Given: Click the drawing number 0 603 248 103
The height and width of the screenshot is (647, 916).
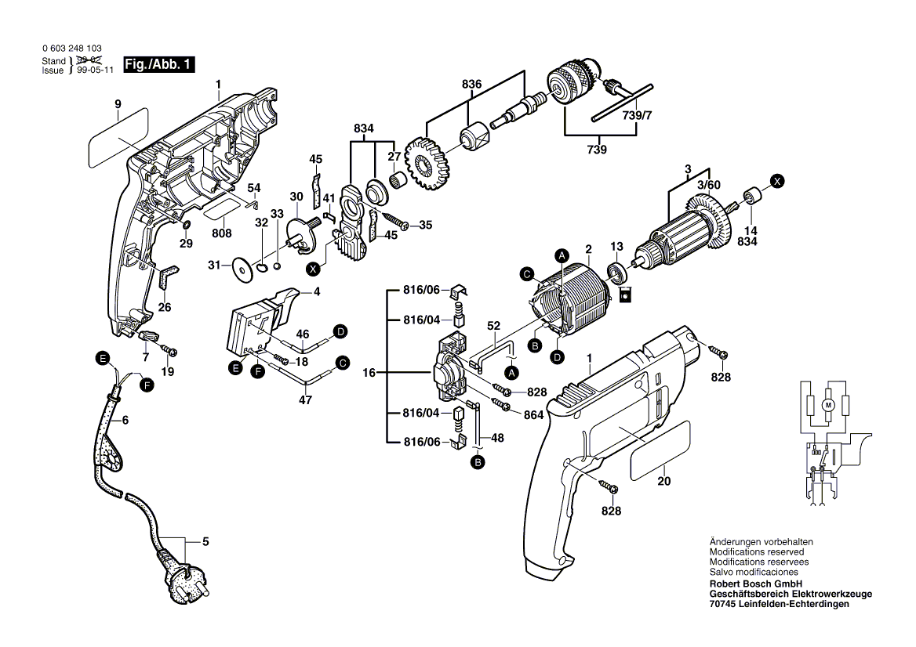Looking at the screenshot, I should point(71,49).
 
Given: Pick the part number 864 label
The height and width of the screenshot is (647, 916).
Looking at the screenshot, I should point(533,415).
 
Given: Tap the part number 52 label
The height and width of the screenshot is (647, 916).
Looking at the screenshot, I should point(493,325).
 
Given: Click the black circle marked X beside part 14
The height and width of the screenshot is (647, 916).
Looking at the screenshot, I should point(777,181).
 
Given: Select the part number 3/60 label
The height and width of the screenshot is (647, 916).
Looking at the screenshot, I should point(708,185).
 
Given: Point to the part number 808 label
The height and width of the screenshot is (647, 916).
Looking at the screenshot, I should point(222,233).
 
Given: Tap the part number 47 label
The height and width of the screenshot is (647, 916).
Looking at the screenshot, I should point(305,400).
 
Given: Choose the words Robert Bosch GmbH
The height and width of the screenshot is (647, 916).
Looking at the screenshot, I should point(754,584).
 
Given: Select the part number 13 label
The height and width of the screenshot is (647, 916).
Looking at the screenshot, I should point(616,246).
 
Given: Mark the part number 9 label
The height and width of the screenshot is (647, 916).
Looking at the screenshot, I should point(118,104).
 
